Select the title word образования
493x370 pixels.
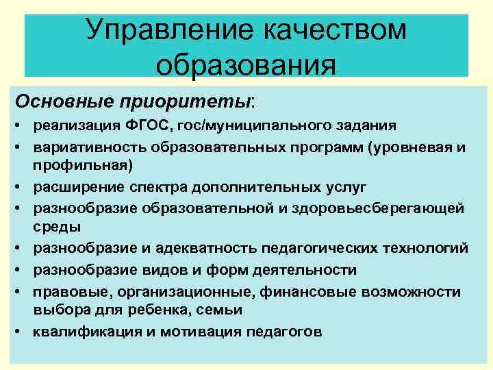click(246, 67)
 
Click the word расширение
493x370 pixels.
click(76, 186)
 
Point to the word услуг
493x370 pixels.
click(351, 186)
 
